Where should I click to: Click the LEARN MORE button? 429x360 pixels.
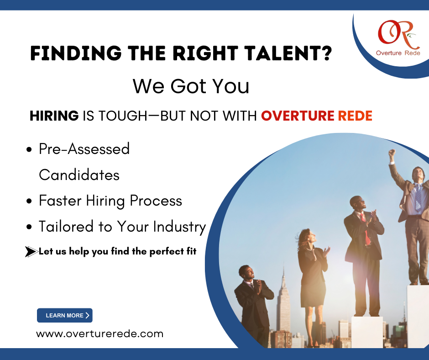coord(64,315)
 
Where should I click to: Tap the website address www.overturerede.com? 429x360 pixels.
coord(99,334)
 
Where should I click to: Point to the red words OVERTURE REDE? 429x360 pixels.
coord(317,116)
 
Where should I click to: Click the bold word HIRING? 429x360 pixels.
coord(54,116)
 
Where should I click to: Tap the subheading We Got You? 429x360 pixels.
coord(191,86)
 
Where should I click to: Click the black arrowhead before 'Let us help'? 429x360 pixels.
coord(31,252)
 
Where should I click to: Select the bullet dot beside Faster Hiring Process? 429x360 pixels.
coord(29,201)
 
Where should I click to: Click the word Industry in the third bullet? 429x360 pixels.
coord(179,227)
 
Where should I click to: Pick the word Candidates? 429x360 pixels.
coord(79,175)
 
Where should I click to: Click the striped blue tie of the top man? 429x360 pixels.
coord(418,196)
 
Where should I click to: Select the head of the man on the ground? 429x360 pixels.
coord(246,272)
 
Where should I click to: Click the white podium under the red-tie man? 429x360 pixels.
coord(367,332)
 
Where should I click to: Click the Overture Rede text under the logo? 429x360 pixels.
coord(398,53)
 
